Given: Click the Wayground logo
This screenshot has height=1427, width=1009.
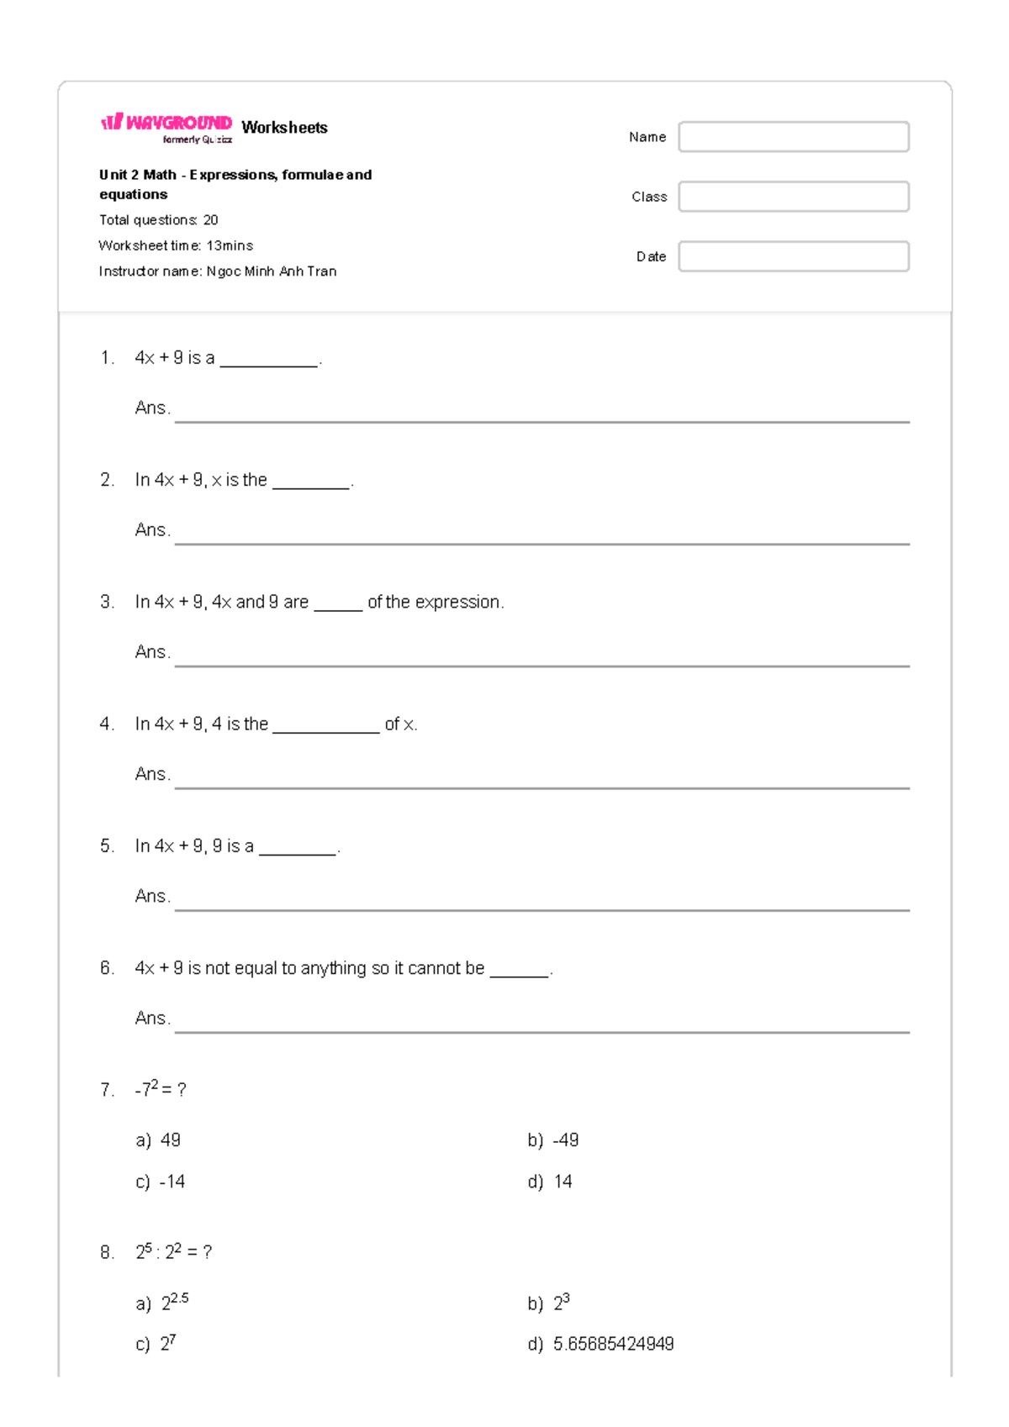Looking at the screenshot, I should [166, 125].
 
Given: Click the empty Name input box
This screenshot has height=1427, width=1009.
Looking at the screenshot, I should [793, 137].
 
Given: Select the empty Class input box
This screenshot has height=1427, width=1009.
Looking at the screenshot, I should [793, 197].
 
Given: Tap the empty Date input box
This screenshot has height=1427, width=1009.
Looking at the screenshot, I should [793, 256].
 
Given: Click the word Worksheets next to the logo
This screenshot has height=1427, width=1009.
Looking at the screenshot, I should [284, 128].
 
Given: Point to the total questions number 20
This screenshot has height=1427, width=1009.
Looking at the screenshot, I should [210, 220].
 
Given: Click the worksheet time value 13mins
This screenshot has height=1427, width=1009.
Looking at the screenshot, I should [230, 245].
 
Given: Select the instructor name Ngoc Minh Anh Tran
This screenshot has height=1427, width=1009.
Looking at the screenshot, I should [272, 271].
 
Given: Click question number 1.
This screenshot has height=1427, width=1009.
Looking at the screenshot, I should [107, 358].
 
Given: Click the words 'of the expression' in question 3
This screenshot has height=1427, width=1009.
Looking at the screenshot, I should [435, 602].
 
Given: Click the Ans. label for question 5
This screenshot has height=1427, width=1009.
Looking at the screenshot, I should [152, 896].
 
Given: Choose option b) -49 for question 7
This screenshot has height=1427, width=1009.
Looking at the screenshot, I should [553, 1140].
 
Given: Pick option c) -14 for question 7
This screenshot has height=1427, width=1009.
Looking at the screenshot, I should [161, 1182].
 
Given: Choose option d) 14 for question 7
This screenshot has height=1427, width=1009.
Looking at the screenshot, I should [551, 1182].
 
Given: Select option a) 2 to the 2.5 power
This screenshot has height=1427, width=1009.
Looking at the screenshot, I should [163, 1303].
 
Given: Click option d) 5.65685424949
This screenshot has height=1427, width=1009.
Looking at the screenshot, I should [601, 1344].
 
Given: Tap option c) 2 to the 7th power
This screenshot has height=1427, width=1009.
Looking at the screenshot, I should [157, 1344].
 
